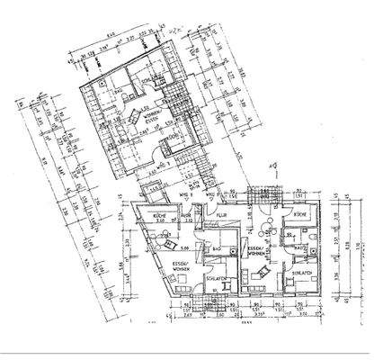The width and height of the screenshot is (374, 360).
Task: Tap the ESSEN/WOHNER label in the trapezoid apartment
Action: (159, 265)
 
